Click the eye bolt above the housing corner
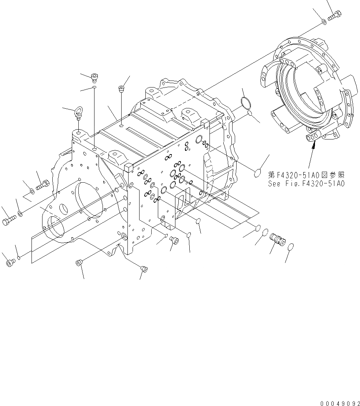pos(79,112)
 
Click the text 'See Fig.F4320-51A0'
pos(306,184)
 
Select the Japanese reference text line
pos(306,175)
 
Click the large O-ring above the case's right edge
pos(246,103)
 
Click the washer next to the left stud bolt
pos(32,191)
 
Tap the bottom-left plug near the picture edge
pos(10,262)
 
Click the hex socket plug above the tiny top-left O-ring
pos(95,77)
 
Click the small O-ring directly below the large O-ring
pos(250,114)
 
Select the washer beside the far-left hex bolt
pos(20,213)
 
